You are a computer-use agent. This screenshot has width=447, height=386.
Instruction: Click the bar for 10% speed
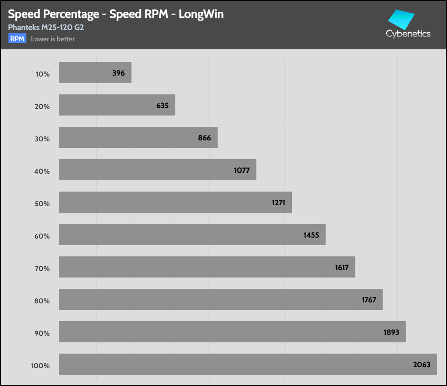coord(94,73)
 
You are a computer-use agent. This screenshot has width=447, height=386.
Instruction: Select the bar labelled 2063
coord(248,364)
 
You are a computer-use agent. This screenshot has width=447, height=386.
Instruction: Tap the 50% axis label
coord(42,204)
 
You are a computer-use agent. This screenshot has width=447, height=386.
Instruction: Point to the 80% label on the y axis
coord(42,301)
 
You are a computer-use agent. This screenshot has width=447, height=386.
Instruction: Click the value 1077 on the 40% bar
coord(242,170)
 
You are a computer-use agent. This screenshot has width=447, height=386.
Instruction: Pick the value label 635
coord(162,105)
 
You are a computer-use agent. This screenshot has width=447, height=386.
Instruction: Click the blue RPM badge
coord(17,39)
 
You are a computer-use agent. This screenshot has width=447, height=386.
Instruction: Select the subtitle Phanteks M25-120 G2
coord(46,27)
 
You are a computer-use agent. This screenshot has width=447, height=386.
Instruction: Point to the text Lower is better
coord(53,39)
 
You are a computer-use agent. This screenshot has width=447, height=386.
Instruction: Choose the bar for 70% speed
coord(207,267)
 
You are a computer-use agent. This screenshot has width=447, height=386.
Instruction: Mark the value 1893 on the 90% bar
coord(391,332)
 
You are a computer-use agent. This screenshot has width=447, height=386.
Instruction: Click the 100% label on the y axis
coord(40,366)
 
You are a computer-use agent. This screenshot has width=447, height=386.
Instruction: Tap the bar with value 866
coord(138,138)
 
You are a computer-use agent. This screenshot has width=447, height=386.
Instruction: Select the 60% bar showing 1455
coord(192,234)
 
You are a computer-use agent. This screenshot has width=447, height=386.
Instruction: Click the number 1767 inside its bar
coord(369,300)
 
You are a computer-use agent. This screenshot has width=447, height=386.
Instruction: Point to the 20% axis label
coord(42,107)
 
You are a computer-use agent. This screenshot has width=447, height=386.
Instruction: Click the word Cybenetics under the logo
coord(408,34)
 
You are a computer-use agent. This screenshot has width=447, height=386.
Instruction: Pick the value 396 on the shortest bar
coord(118,73)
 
